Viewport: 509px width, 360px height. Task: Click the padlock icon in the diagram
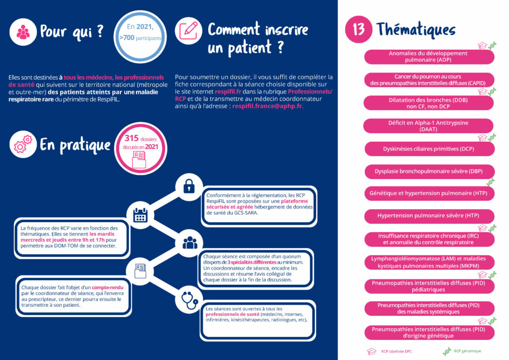(x=189, y=186)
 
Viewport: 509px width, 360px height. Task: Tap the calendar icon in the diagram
(x=140, y=215)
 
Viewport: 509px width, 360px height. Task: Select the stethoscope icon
(x=189, y=300)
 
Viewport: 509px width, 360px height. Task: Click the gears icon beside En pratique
(x=23, y=144)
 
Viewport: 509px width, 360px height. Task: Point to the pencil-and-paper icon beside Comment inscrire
(x=188, y=31)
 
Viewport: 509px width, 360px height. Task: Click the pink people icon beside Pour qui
(x=23, y=32)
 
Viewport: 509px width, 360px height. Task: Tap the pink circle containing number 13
(x=358, y=29)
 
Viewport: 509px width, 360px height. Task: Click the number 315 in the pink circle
(x=131, y=138)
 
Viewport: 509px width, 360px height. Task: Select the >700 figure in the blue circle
(x=127, y=38)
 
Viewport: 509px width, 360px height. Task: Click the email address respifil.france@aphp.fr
(x=268, y=106)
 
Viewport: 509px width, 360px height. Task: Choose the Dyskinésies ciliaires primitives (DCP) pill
(x=429, y=149)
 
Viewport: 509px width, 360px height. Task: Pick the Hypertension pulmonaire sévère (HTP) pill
(x=429, y=216)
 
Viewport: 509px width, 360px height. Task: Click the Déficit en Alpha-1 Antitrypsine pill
(x=428, y=126)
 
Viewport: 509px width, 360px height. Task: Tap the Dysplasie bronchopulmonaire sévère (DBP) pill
(x=429, y=172)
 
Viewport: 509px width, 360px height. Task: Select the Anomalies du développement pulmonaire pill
(x=429, y=57)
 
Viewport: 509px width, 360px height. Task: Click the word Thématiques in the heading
(x=416, y=29)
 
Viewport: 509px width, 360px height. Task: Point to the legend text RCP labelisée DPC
(x=396, y=351)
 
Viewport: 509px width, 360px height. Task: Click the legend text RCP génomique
(x=467, y=351)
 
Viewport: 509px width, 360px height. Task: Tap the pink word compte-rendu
(x=107, y=287)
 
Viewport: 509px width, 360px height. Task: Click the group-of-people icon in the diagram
(x=190, y=243)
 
